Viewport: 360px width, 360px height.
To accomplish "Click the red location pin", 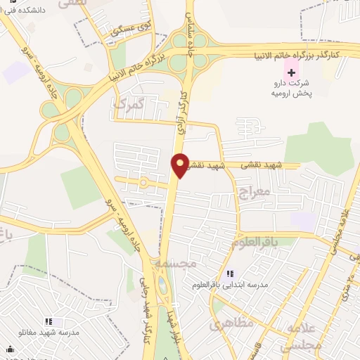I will tap(181, 165).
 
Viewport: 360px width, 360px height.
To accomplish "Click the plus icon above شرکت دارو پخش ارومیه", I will tap(291, 73).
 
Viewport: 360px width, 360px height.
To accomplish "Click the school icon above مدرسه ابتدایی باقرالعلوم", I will tap(229, 274).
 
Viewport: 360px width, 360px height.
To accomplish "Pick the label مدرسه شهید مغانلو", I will tap(49, 331).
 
